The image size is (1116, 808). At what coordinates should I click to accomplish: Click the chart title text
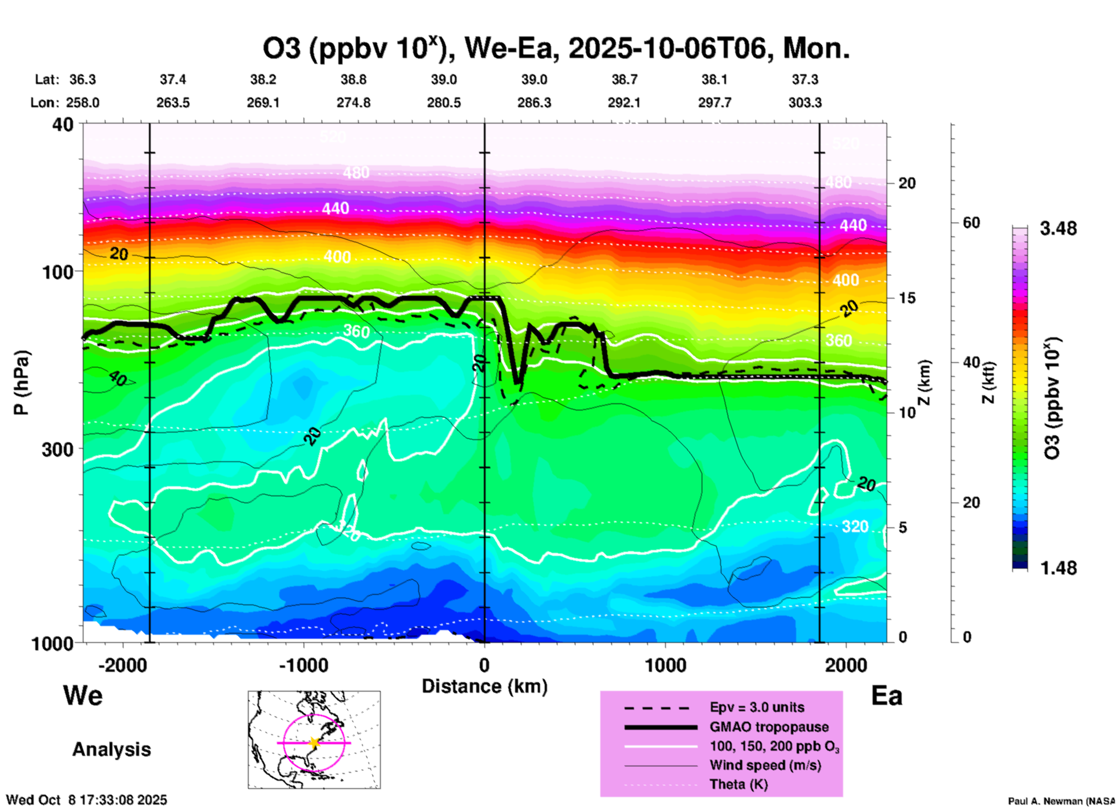(556, 49)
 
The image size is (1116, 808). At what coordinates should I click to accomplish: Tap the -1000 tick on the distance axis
(303, 665)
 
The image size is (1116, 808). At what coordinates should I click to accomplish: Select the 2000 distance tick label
(846, 665)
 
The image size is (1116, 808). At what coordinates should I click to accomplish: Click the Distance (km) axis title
(484, 686)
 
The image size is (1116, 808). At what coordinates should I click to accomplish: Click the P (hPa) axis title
(21, 383)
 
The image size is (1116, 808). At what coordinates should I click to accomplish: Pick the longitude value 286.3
(534, 103)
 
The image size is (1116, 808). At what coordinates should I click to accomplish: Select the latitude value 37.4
(173, 79)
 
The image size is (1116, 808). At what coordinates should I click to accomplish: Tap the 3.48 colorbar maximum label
(1058, 229)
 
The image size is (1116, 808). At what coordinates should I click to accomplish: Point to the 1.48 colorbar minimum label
(1058, 568)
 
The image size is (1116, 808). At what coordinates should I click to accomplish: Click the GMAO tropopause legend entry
(769, 727)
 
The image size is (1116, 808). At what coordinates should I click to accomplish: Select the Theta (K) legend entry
(738, 785)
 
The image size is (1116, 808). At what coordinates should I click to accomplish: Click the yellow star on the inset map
(314, 743)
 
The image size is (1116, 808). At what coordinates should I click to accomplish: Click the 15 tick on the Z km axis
(907, 298)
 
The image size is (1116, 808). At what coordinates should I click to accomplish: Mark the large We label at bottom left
(83, 695)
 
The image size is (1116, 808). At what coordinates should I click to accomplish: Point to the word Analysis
(111, 749)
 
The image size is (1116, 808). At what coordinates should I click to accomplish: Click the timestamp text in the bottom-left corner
(87, 800)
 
